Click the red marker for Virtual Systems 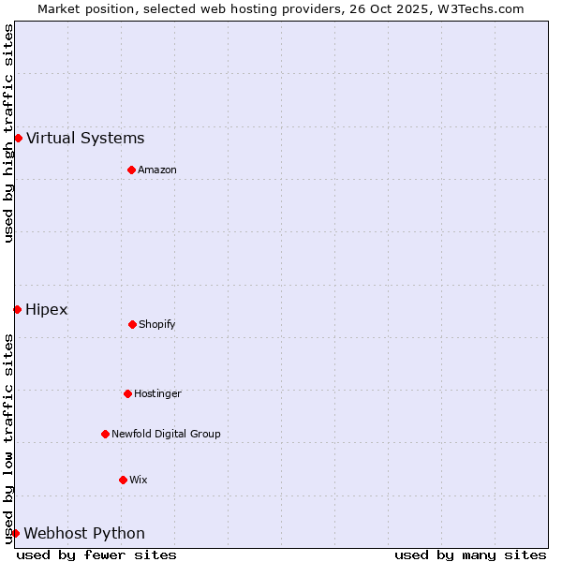point(18,139)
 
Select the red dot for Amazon point(131,170)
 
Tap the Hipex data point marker point(17,309)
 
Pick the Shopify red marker point(132,324)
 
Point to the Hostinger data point point(127,393)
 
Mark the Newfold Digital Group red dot point(105,434)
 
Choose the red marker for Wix point(123,480)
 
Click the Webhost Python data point point(15,533)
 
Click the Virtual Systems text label point(85,139)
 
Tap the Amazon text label point(157,170)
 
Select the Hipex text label point(47,309)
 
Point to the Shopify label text point(157,324)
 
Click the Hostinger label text point(157,393)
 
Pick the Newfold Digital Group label point(166,434)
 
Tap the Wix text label point(139,480)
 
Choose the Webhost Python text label point(84,533)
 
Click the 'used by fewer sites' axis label point(96,555)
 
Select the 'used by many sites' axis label point(470,555)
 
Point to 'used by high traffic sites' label point(8,133)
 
